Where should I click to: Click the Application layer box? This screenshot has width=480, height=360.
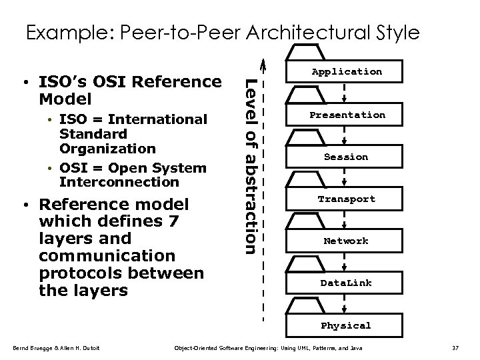[x=346, y=71]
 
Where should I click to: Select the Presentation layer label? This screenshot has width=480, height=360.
[x=346, y=115]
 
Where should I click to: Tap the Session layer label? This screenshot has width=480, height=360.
[x=346, y=157]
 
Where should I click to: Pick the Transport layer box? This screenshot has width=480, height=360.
[x=346, y=199]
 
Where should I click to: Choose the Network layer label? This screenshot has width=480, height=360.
[x=346, y=241]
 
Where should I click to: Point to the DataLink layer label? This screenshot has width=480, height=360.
[x=346, y=283]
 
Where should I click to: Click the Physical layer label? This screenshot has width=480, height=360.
[x=346, y=325]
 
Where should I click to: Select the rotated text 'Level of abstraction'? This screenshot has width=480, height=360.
[x=248, y=166]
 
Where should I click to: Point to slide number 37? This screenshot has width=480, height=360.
[x=456, y=348]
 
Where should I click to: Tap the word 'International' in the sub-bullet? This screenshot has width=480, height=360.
[x=158, y=119]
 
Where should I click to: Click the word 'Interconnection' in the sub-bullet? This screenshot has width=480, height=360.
[x=119, y=182]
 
